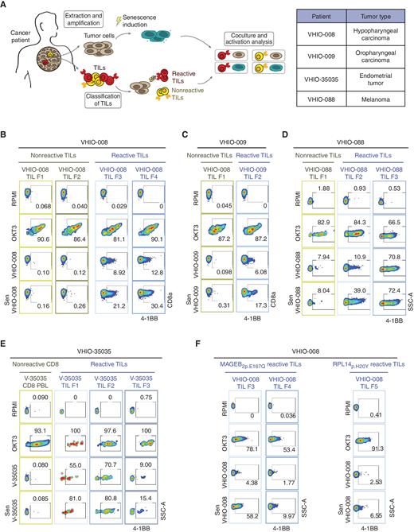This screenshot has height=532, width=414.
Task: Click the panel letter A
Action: [x=6, y=6]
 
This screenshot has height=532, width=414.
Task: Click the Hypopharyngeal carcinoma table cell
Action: [x=371, y=43]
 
